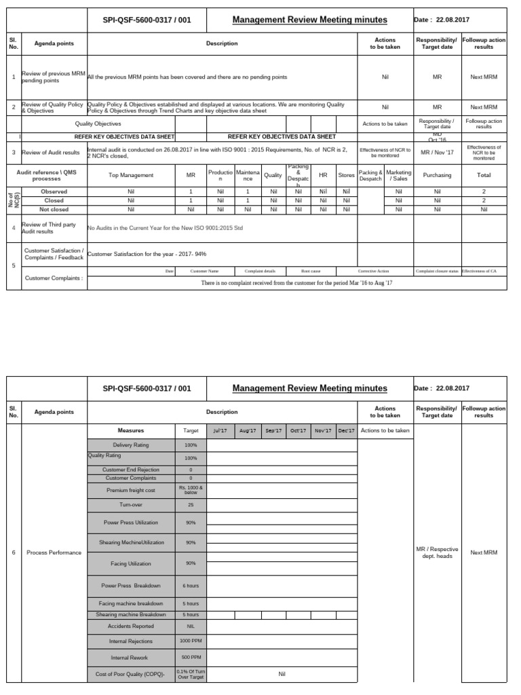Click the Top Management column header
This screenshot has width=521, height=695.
coord(131,175)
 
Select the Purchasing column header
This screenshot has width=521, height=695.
coord(437,175)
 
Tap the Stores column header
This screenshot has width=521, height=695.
coord(346,175)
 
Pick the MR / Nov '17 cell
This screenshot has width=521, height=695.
coord(437,152)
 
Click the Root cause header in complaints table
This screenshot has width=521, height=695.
coord(311,271)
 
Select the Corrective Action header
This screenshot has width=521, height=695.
coord(373,271)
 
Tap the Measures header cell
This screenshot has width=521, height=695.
coord(131,430)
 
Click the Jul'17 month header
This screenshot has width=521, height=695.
coord(220,430)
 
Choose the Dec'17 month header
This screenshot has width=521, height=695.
coord(345,430)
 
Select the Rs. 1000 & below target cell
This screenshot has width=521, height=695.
coord(191,490)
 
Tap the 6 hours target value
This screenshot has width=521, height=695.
coord(191,585)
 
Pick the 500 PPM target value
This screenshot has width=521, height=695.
coord(191,658)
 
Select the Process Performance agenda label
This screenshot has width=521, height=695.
coord(54,552)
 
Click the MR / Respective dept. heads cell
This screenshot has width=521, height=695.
coord(437,552)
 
